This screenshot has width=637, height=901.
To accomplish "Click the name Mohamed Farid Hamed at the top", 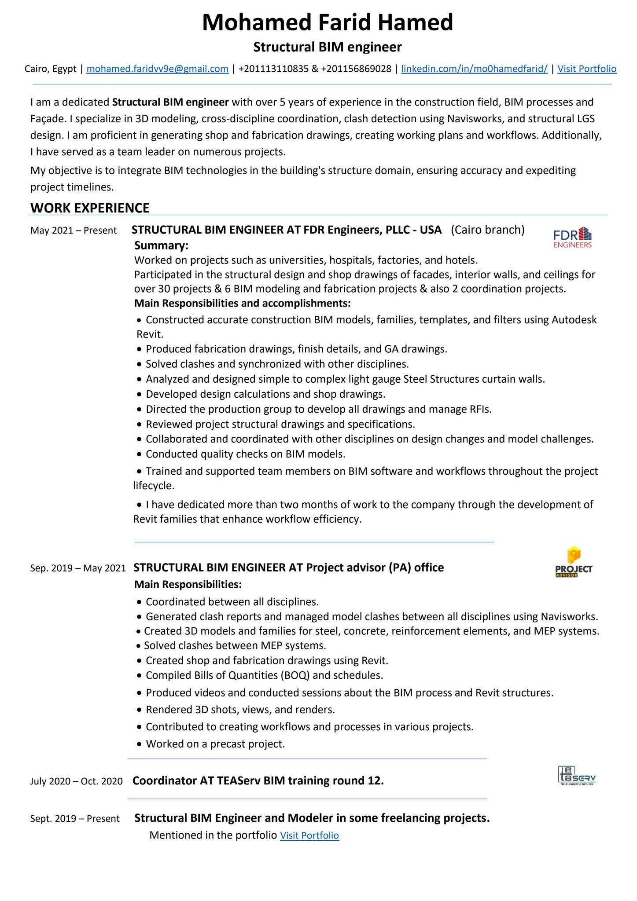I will [x=327, y=22].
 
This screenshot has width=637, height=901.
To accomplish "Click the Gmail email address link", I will [x=157, y=69].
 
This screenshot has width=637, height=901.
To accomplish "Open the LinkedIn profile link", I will [x=474, y=69].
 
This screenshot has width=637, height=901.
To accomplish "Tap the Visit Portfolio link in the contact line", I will [x=586, y=69].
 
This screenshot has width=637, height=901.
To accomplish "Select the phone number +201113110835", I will [x=273, y=69].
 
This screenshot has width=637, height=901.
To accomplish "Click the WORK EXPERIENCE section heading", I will [x=90, y=208].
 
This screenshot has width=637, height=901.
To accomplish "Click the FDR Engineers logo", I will [x=572, y=238].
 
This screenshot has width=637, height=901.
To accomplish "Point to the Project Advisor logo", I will [x=573, y=562].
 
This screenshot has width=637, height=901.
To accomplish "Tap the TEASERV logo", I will [x=576, y=776].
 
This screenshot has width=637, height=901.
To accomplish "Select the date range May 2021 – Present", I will [x=74, y=231].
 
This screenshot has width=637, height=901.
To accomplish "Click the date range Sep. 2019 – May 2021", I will [x=78, y=568].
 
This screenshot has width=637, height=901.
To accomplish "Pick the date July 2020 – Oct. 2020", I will [x=76, y=781].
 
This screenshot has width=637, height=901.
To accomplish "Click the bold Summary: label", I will [x=161, y=245].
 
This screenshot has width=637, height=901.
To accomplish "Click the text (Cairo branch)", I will [x=487, y=230].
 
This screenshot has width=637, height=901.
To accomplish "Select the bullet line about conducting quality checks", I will [x=245, y=454].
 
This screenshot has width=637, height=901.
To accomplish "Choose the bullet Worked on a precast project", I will [x=215, y=744].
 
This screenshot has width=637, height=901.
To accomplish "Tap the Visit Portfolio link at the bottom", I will [x=309, y=835].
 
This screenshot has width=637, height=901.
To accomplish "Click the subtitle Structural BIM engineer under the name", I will [x=327, y=47].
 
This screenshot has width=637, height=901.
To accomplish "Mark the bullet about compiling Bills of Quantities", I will [x=264, y=675].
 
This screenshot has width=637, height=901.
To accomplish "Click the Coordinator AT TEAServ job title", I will [x=258, y=780].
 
